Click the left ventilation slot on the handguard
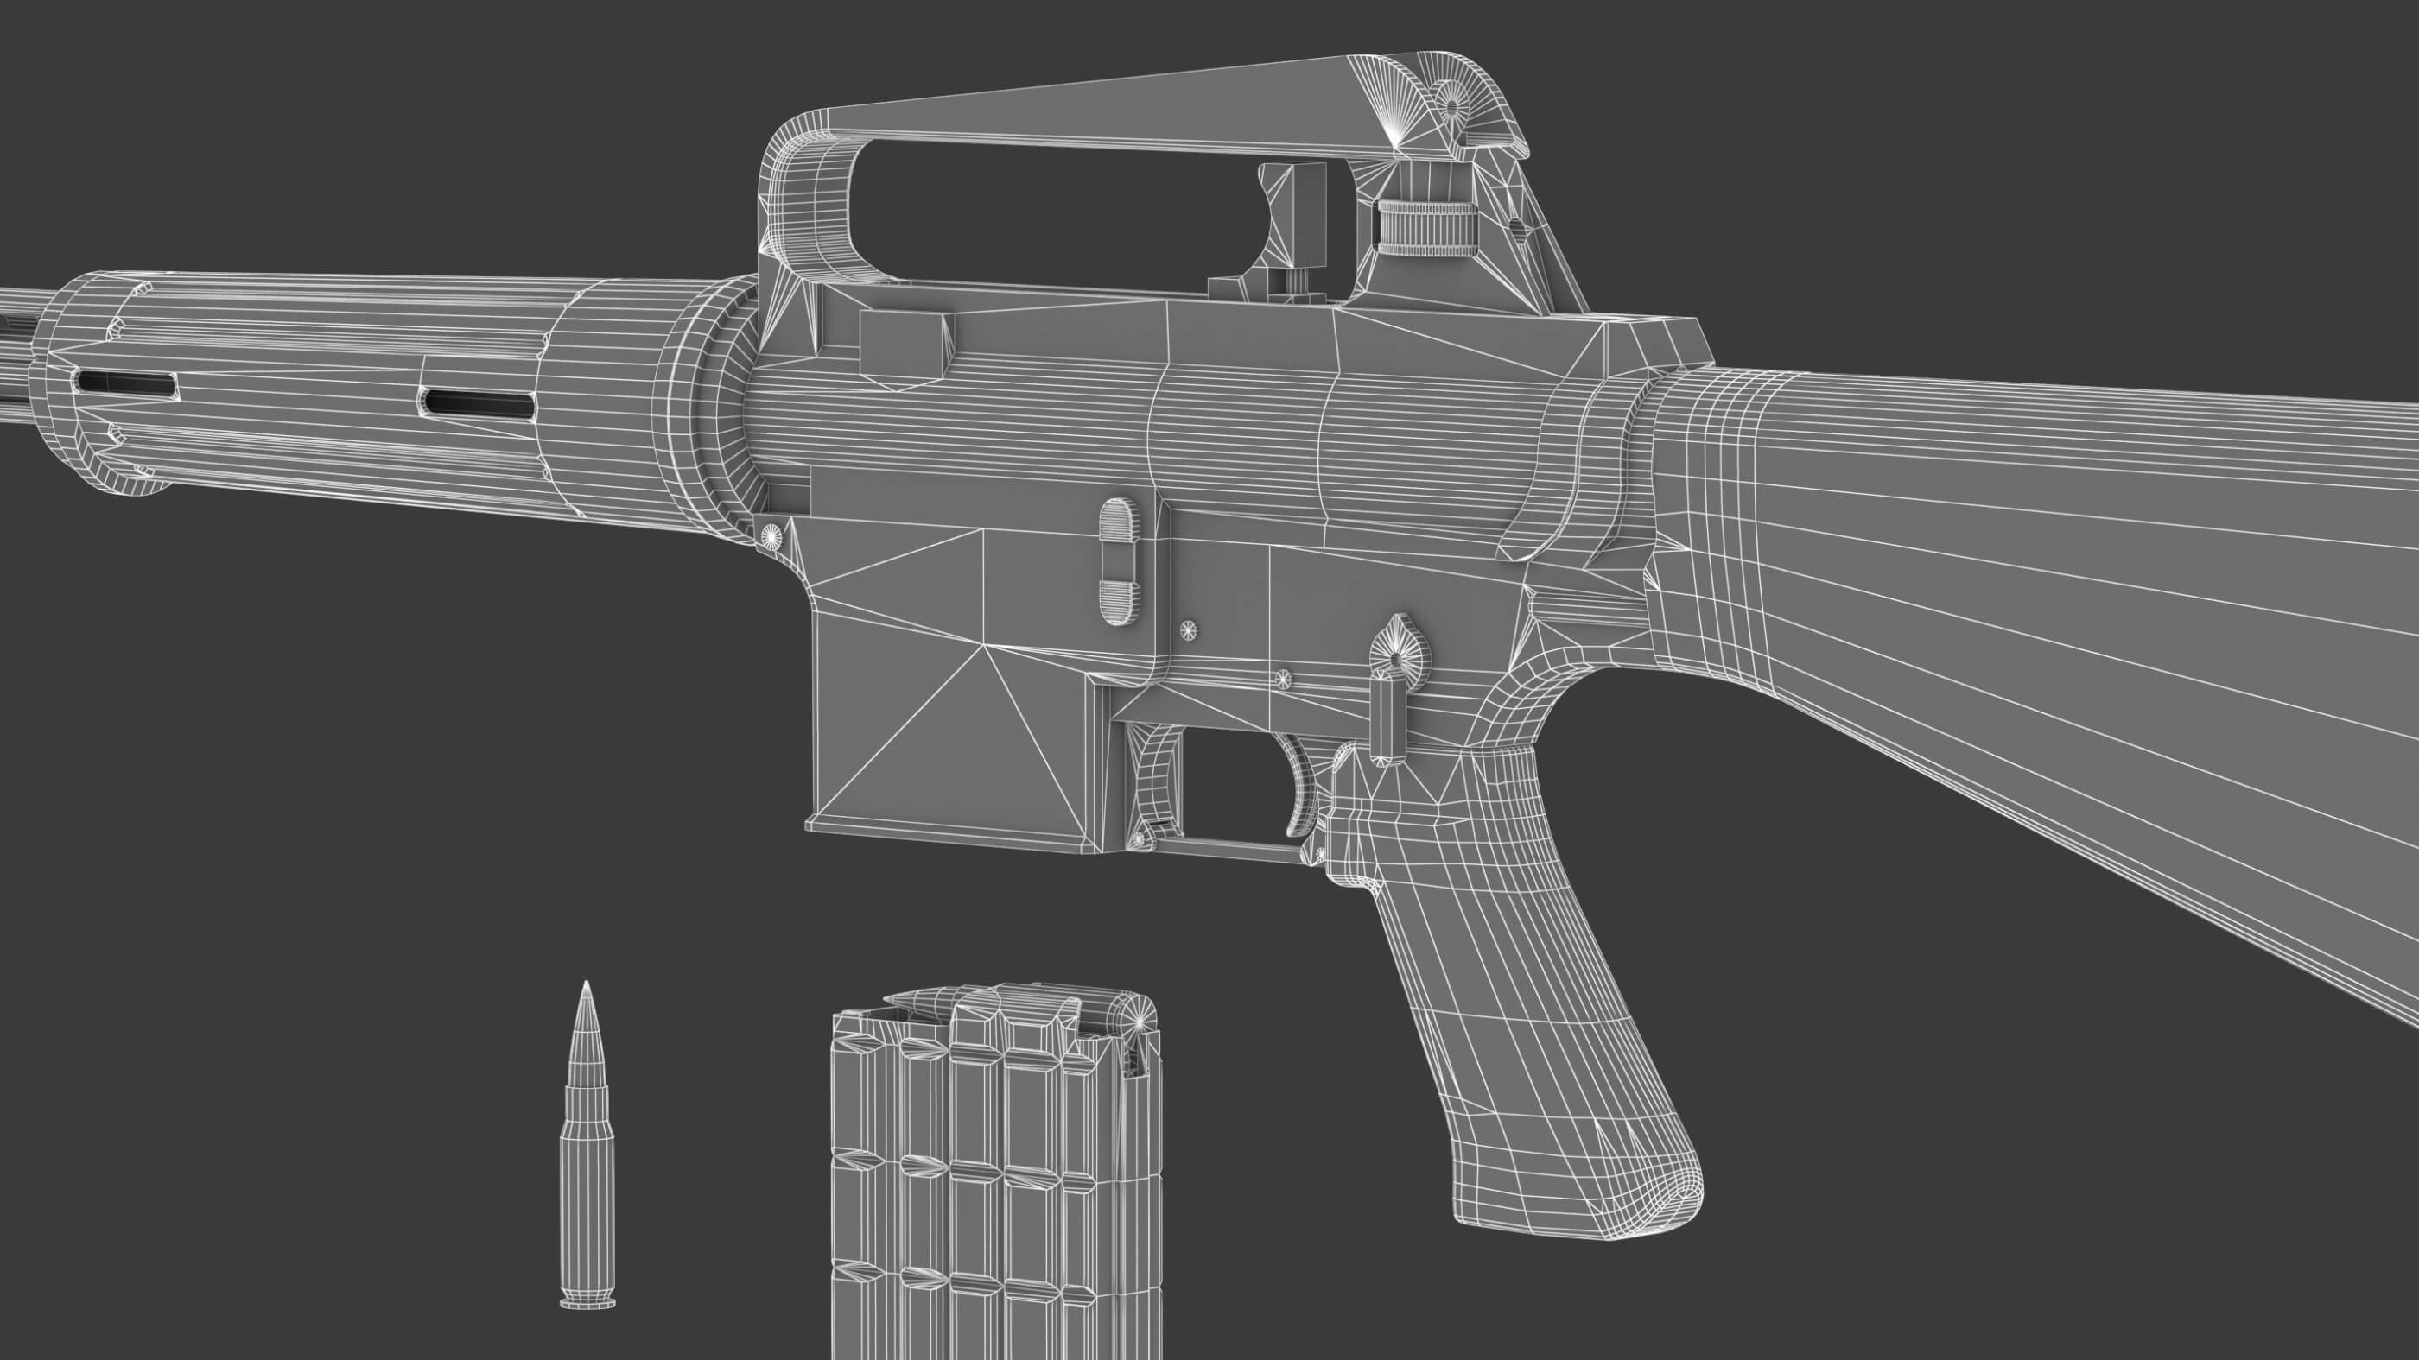[x=127, y=382]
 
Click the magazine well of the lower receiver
[x=949, y=732]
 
